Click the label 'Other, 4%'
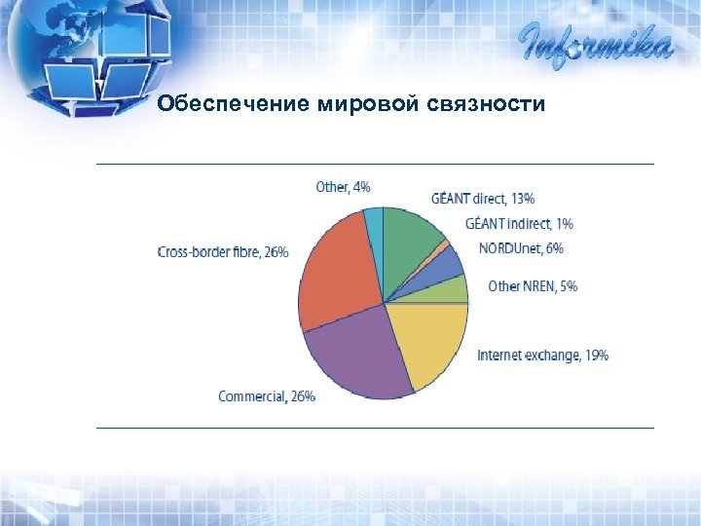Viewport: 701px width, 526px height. point(343,186)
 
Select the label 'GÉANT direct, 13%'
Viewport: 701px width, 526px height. point(483,199)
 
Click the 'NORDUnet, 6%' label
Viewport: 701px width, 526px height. point(521,248)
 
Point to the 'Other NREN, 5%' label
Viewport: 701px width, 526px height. point(533,286)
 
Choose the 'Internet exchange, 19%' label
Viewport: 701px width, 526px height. point(542,356)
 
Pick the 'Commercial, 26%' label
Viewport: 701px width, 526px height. point(267,396)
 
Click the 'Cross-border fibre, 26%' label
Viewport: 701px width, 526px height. point(223,252)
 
